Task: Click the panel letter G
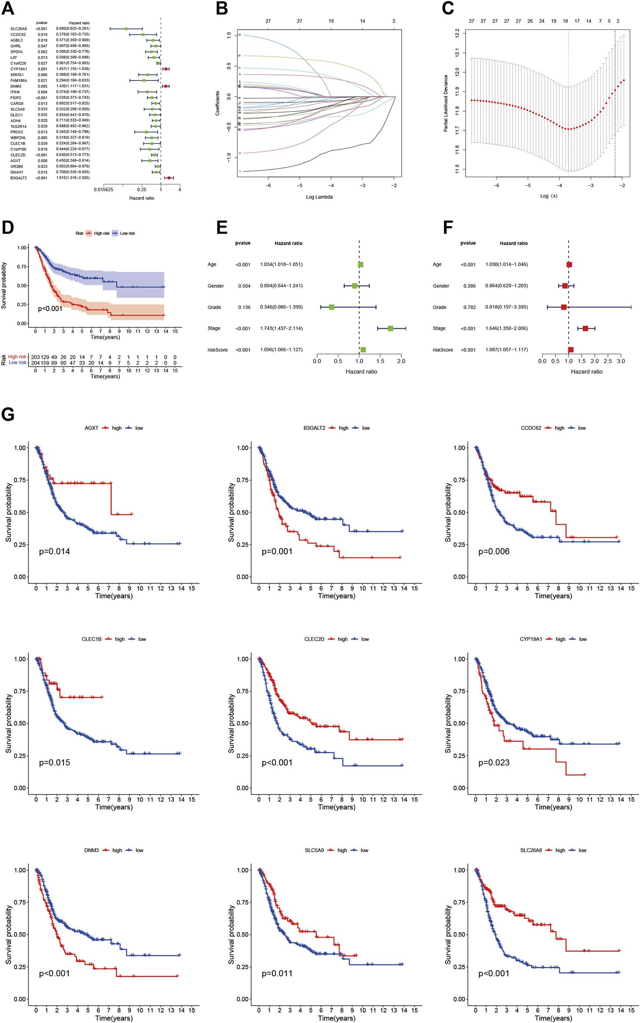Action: pyautogui.click(x=8, y=415)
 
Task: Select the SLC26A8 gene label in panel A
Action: pyautogui.click(x=18, y=29)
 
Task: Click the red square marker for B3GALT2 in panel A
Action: pyautogui.click(x=169, y=178)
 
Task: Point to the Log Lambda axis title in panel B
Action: pyautogui.click(x=319, y=197)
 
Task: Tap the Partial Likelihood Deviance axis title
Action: pyautogui.click(x=446, y=103)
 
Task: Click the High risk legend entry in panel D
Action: pyautogui.click(x=101, y=233)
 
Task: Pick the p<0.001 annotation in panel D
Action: pyautogui.click(x=50, y=309)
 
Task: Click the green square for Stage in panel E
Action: pyautogui.click(x=390, y=328)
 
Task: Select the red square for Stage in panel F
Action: pyautogui.click(x=585, y=328)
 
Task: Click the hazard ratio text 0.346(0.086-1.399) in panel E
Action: pyautogui.click(x=281, y=307)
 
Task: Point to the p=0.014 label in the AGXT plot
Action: pyautogui.click(x=54, y=551)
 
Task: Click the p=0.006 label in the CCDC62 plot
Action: pyautogui.click(x=494, y=551)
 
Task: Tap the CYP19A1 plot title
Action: pyautogui.click(x=531, y=639)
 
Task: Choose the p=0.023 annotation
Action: pyautogui.click(x=494, y=763)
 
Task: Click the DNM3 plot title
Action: pyautogui.click(x=92, y=850)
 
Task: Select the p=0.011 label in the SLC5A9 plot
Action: pyautogui.click(x=277, y=974)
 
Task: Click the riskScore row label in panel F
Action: pyautogui.click(x=443, y=350)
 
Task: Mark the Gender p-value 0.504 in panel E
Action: pyautogui.click(x=244, y=286)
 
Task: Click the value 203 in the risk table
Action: pyautogui.click(x=35, y=357)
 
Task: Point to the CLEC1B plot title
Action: pyautogui.click(x=92, y=639)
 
